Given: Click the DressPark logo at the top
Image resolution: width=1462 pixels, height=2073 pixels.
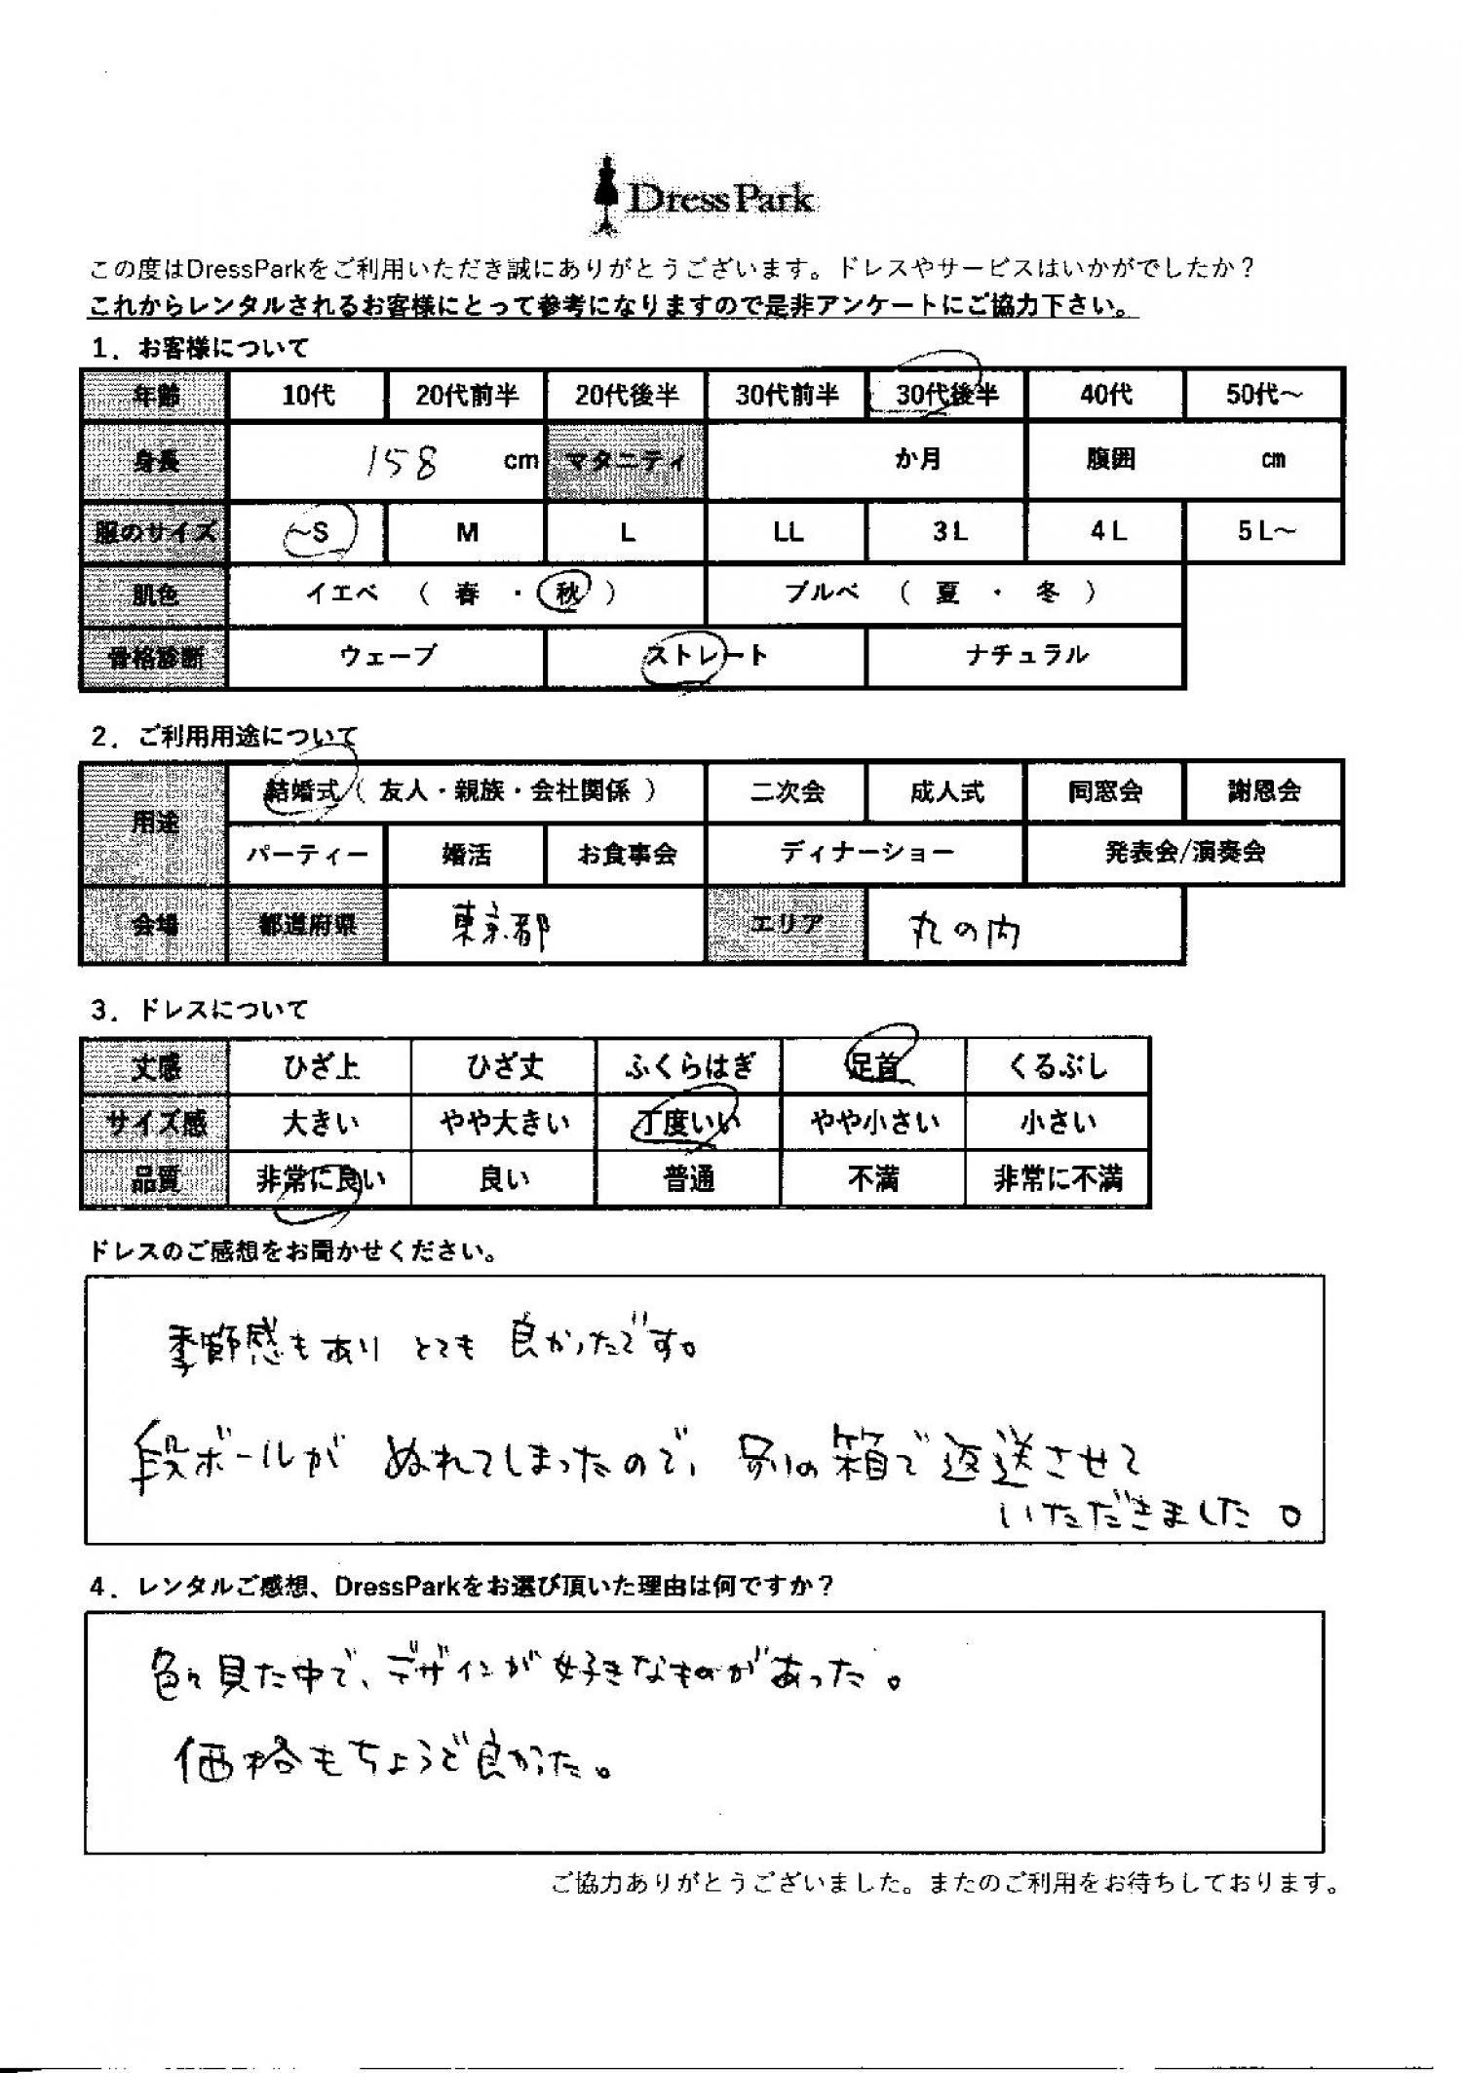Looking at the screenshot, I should [x=705, y=198].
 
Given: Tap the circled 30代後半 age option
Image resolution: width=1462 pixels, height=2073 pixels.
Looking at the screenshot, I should [x=946, y=395].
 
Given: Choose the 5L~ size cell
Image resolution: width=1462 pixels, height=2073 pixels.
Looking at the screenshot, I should [x=1265, y=532].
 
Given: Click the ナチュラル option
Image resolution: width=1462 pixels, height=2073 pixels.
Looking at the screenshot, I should [x=1025, y=655].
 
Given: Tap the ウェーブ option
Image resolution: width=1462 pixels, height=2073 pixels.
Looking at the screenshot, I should [x=387, y=655].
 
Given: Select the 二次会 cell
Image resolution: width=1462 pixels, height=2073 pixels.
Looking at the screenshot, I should [x=787, y=791].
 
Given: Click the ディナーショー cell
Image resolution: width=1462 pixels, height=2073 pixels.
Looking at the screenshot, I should [x=866, y=853].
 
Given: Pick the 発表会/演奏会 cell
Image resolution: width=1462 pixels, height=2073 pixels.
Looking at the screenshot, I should [x=1184, y=853].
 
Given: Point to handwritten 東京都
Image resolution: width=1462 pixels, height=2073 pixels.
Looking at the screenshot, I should [x=498, y=928].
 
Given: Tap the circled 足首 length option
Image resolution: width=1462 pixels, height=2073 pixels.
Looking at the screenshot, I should [x=873, y=1067].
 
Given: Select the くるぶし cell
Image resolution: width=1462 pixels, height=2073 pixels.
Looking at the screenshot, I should [x=1057, y=1067].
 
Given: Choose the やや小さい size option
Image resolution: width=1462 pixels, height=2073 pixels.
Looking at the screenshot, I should [x=873, y=1123].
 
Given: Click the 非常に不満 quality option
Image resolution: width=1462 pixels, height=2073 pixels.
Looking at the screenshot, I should [x=1057, y=1180].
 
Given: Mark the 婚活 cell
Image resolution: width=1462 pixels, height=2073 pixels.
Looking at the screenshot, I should [x=466, y=855].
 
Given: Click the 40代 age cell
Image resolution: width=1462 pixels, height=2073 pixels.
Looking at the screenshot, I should [x=1105, y=395].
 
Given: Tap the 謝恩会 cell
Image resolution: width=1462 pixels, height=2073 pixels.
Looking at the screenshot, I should [x=1263, y=791].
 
